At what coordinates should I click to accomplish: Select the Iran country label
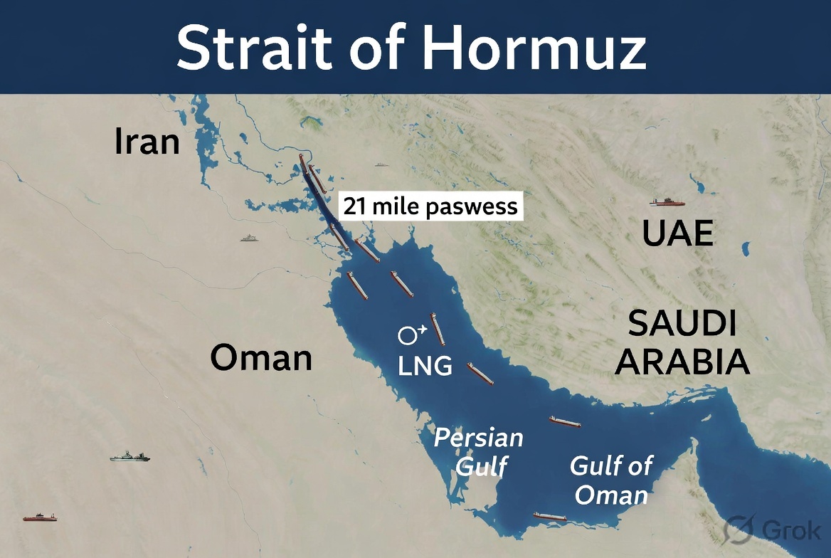click(147, 142)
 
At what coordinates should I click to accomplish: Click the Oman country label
click(261, 357)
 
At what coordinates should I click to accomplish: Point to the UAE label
click(677, 234)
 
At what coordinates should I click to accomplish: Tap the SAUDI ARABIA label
click(682, 344)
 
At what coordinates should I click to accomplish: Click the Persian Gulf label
click(479, 451)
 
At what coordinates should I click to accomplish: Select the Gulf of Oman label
click(610, 480)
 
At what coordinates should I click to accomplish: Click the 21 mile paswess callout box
click(430, 207)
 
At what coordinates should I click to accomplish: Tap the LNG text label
click(425, 366)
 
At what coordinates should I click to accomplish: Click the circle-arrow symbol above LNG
click(411, 333)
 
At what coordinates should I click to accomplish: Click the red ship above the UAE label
click(667, 203)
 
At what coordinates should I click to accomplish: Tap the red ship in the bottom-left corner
click(40, 517)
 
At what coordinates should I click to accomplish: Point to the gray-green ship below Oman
click(130, 456)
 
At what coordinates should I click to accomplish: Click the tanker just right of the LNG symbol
click(438, 329)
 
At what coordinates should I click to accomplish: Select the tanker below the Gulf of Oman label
click(550, 517)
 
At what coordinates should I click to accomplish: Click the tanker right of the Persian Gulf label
click(564, 422)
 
